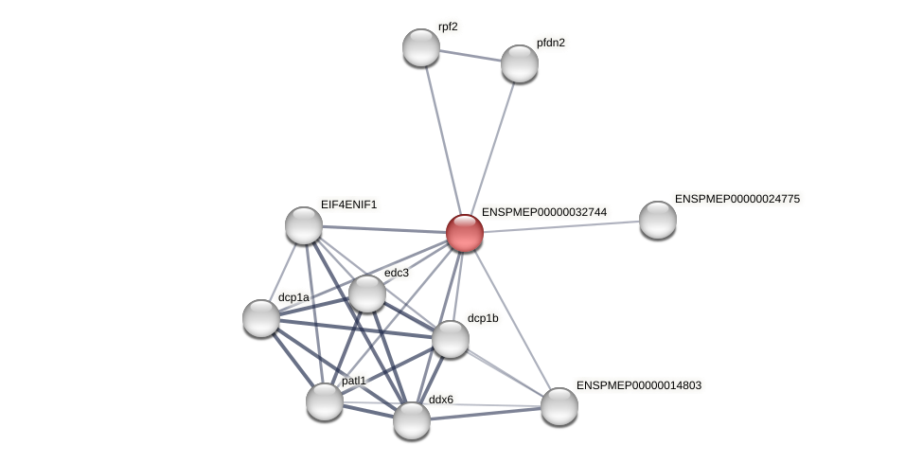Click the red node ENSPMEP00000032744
pos(464,233)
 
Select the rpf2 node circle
pos(421,47)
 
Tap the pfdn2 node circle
pos(520,63)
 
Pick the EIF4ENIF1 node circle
pos(304,225)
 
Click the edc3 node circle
pos(367,294)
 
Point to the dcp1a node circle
pos(261,318)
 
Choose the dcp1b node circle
pos(451,339)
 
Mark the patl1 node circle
pos(325,401)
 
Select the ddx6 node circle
pos(412,420)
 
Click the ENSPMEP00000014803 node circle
pos(559,406)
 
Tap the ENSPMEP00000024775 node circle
pos(658,220)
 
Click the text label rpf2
pos(448,27)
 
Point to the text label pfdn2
pos(550,43)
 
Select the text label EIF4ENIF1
pos(348,205)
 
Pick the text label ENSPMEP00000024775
pos(737,199)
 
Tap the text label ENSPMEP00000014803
pos(639,385)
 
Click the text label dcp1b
pos(483,318)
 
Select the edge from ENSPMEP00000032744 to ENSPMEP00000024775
pos(561,226)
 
